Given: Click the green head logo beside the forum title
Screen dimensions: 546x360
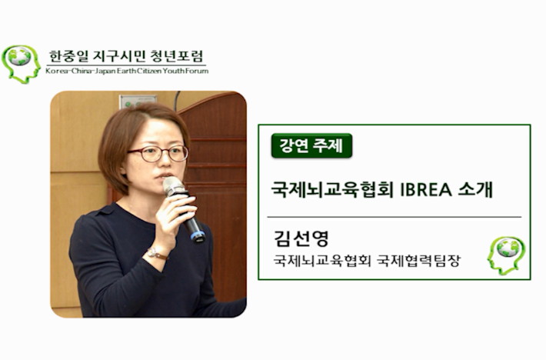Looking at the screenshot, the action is [x=21, y=64].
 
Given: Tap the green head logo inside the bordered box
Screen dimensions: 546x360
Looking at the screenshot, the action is [x=506, y=256].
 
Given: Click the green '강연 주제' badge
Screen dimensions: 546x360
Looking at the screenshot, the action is [x=311, y=145].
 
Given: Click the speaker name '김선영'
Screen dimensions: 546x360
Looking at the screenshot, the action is [x=301, y=238].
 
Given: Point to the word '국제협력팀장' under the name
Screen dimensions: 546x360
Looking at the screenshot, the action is [x=419, y=261].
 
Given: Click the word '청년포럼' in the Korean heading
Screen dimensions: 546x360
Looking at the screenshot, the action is [x=177, y=56].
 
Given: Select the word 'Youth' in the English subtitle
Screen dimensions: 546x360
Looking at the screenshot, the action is [x=173, y=71].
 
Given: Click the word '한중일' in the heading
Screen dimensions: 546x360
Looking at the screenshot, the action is [x=66, y=56].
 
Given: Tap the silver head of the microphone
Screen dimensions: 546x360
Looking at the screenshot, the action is [x=174, y=186].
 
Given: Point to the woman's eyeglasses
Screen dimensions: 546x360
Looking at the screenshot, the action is [x=158, y=154].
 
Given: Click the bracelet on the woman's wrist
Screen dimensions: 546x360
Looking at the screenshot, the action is [x=157, y=254].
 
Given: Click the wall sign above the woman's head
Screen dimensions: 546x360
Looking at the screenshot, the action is [x=137, y=101].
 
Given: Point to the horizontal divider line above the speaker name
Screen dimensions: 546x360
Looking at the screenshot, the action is [x=395, y=217].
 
